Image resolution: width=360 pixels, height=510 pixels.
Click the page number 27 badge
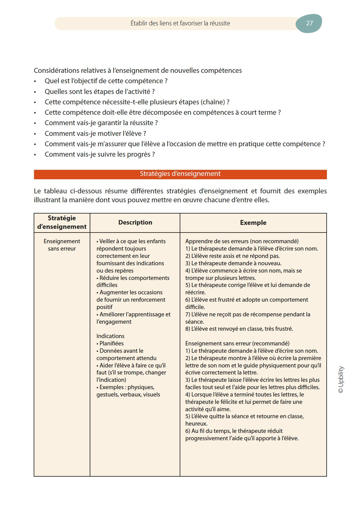click(x=309, y=23)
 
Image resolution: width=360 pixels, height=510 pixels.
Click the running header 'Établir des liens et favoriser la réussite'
click(x=180, y=23)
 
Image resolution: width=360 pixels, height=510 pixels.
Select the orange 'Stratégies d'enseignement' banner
click(x=180, y=174)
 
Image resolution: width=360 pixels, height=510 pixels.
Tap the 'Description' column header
click(x=135, y=222)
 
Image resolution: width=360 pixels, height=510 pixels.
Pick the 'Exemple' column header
click(x=253, y=223)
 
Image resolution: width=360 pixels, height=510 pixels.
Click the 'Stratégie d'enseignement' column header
click(x=62, y=222)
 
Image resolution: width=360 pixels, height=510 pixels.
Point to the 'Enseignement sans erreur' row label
click(x=62, y=245)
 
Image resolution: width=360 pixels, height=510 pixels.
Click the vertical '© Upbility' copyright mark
click(x=341, y=379)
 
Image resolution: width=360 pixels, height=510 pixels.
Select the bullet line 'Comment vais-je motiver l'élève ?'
click(x=95, y=134)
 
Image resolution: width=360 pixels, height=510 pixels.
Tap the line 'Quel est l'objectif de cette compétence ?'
click(x=106, y=81)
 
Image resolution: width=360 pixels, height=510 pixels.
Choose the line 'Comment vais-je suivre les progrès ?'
click(x=99, y=154)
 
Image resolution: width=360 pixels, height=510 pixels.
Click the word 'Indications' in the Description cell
click(x=110, y=336)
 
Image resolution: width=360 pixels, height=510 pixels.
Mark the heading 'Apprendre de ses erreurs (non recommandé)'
click(x=242, y=241)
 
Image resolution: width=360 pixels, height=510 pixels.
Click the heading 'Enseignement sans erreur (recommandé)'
click(x=237, y=344)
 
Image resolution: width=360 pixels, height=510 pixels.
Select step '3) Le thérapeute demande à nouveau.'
click(x=233, y=263)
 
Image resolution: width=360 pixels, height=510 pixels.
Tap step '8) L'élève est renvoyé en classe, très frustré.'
click(x=239, y=329)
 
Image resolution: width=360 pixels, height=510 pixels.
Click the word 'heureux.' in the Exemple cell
click(x=196, y=424)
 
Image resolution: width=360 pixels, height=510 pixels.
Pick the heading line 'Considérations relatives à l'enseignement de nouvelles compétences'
click(x=138, y=71)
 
